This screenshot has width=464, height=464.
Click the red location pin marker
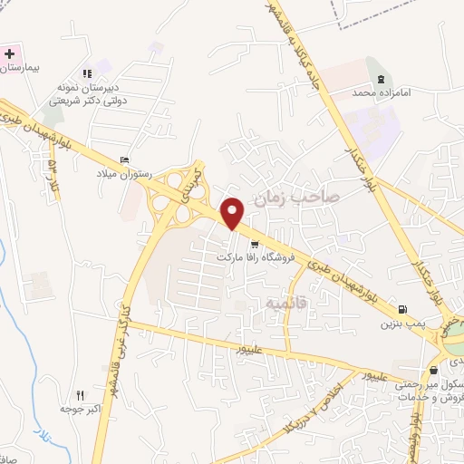click(233, 213)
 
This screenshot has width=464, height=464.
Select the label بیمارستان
click(24, 69)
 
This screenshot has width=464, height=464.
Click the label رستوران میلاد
click(125, 173)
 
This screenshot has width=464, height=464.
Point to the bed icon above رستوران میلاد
click(124, 160)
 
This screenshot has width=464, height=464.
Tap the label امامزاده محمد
click(375, 92)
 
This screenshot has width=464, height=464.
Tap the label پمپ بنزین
click(401, 323)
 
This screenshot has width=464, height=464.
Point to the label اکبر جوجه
click(79, 409)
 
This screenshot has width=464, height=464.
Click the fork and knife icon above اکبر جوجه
click(80, 395)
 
